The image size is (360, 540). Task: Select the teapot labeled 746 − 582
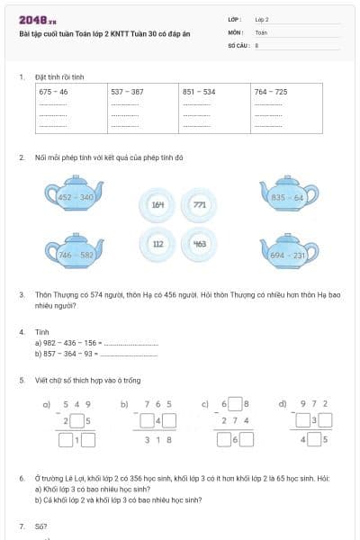(75, 253)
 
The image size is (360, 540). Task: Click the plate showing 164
(158, 204)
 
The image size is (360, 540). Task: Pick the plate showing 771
(199, 204)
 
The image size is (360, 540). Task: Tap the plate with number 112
(158, 244)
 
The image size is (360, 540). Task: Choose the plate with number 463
(199, 244)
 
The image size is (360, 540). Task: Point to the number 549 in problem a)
(78, 404)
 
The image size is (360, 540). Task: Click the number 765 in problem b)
(157, 404)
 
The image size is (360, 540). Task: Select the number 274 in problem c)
(235, 420)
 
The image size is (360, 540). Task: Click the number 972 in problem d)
(314, 404)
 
